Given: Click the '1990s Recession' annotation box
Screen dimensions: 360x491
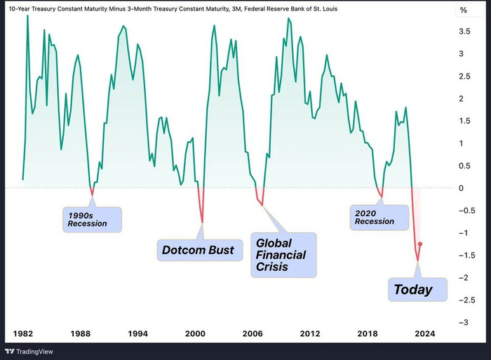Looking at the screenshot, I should [x=90, y=218].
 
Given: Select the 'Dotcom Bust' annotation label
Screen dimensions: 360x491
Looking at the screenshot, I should [x=198, y=249].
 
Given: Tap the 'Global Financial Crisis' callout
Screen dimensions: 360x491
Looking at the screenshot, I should [x=283, y=255].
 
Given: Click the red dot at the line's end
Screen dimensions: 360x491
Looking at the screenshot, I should [x=420, y=244].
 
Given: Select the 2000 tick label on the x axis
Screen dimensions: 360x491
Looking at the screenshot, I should [x=195, y=333].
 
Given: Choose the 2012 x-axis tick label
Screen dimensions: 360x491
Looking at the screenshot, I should [x=309, y=333].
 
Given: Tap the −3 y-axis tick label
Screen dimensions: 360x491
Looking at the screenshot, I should [x=464, y=323].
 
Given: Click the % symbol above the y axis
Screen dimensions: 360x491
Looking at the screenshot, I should [x=463, y=10].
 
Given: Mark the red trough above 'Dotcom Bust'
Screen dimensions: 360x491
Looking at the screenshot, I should [x=203, y=222].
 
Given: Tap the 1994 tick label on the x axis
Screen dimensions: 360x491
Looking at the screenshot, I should [x=137, y=333].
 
